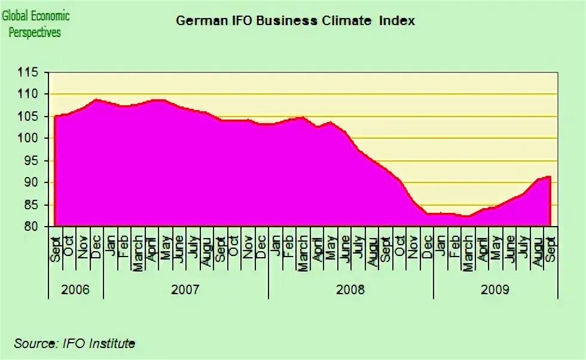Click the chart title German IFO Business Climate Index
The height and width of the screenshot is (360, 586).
pyautogui.click(x=295, y=21)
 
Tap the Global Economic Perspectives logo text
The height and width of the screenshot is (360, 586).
pyautogui.click(x=36, y=24)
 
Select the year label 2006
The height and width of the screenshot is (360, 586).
pyautogui.click(x=75, y=290)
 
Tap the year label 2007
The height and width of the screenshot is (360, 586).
pyautogui.click(x=185, y=290)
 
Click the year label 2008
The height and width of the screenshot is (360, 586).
pyautogui.click(x=350, y=290)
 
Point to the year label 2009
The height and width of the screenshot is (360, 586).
pyautogui.click(x=495, y=290)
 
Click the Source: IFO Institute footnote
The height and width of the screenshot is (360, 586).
pyautogui.click(x=75, y=343)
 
